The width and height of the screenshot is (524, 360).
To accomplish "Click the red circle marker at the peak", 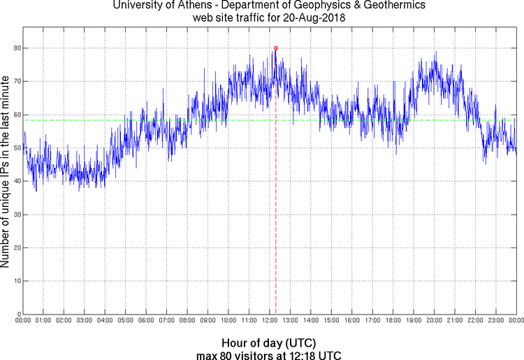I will (276, 48).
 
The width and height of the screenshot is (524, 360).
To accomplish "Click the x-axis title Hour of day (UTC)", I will (269, 344).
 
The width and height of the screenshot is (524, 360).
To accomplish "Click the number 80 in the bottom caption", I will (227, 355).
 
